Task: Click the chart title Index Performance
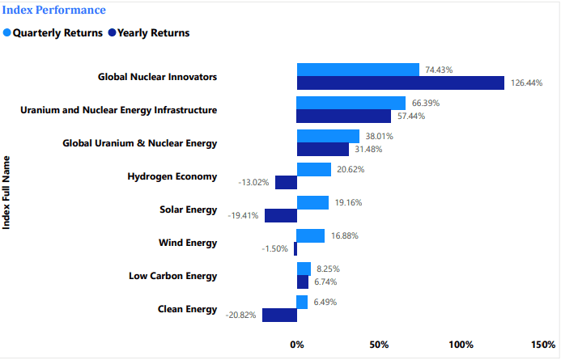(54, 11)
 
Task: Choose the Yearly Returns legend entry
(153, 33)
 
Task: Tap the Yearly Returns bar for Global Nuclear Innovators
(401, 83)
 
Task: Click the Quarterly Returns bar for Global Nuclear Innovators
(358, 70)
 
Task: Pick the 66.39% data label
(427, 103)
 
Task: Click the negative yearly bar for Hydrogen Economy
(286, 182)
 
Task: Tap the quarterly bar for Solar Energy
(312, 202)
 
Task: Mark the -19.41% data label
(244, 215)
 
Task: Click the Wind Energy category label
(189, 243)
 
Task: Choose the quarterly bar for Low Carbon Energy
(304, 269)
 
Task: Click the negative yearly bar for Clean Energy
(279, 315)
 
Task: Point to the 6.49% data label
(325, 302)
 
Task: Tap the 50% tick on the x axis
(379, 345)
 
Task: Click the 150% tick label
(542, 345)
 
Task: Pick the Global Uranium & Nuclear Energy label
(140, 143)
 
